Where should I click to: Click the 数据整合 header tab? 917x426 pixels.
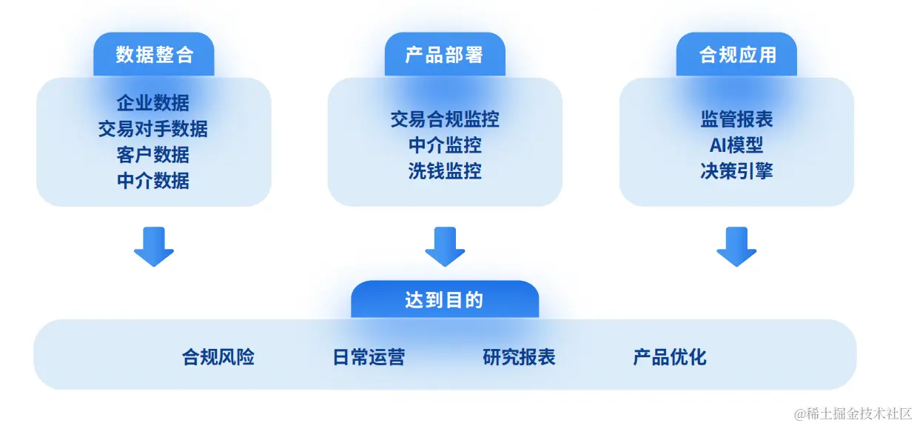click(154, 54)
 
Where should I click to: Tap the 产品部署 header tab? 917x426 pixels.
click(444, 54)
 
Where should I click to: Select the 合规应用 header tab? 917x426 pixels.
click(736, 54)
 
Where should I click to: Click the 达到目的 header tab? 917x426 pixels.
click(444, 300)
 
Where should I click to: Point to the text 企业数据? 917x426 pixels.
click(153, 103)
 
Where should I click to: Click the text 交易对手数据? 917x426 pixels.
click(153, 129)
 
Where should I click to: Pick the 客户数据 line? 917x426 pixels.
click(153, 155)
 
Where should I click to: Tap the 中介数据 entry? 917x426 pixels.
click(153, 180)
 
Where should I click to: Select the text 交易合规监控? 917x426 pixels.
click(444, 119)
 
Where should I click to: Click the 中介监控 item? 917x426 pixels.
click(444, 145)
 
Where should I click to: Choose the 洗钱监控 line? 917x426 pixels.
click(444, 171)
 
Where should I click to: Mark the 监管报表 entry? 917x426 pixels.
click(736, 119)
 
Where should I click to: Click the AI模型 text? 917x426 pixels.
click(736, 145)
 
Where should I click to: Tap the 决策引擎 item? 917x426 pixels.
click(736, 171)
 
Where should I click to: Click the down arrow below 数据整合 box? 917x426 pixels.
click(153, 247)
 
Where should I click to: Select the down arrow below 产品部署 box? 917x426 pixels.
click(445, 247)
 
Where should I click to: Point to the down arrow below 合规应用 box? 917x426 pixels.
click(736, 247)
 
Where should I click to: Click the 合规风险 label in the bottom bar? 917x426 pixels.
click(218, 357)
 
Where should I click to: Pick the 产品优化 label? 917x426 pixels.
click(670, 357)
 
